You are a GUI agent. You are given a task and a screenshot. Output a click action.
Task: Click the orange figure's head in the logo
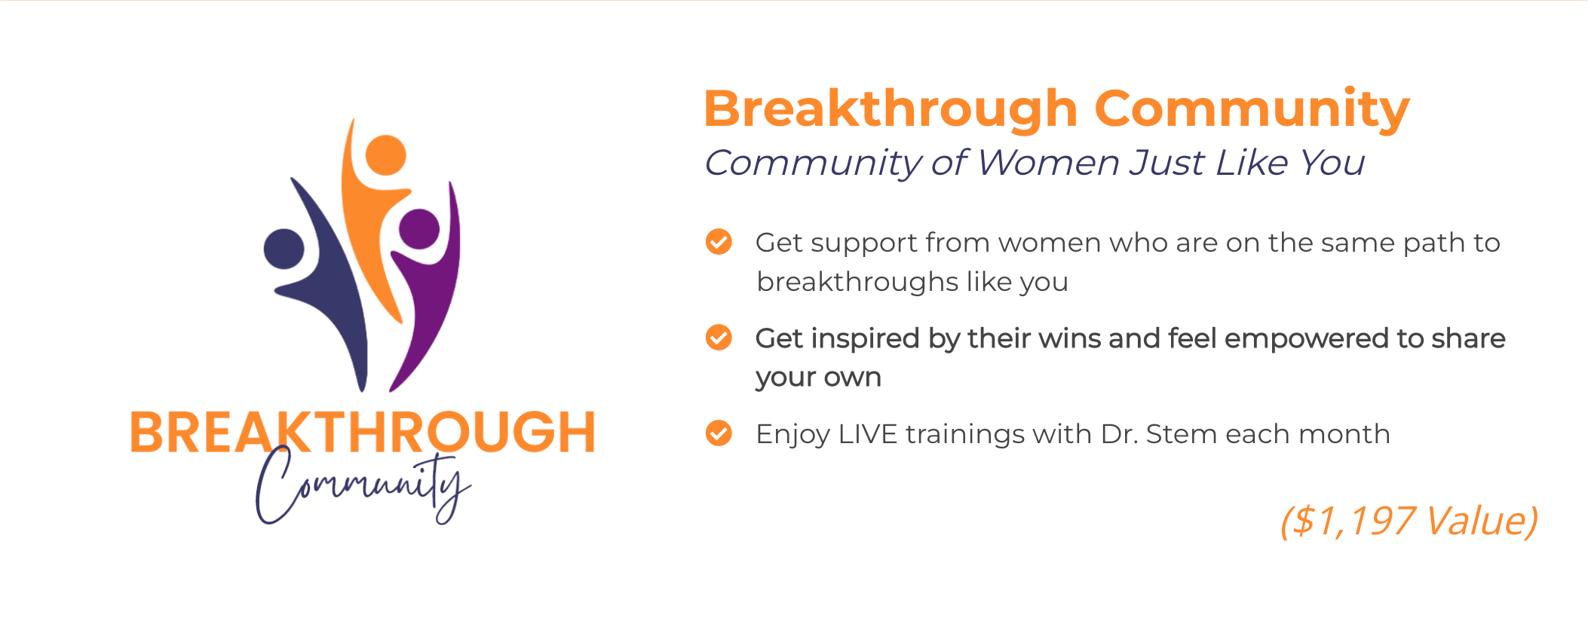click(385, 155)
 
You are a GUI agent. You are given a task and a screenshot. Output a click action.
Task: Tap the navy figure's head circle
click(284, 249)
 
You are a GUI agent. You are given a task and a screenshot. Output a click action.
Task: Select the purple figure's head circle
click(419, 228)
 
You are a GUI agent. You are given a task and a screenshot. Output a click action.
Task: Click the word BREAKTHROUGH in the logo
click(363, 432)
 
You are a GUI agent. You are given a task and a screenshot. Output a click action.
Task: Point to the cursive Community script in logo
click(363, 486)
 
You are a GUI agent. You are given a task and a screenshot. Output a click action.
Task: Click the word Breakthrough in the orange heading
click(891, 110)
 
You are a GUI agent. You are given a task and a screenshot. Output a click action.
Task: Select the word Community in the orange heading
click(1252, 110)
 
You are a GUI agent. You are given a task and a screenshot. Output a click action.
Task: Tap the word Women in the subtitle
click(1047, 163)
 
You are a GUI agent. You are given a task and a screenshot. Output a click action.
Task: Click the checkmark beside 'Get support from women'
click(719, 242)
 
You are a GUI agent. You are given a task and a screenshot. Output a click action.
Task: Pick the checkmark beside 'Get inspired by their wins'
click(719, 338)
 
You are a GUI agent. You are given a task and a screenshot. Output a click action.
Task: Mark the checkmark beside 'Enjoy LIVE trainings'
click(719, 433)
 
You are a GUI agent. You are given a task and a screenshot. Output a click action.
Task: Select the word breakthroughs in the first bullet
click(857, 282)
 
